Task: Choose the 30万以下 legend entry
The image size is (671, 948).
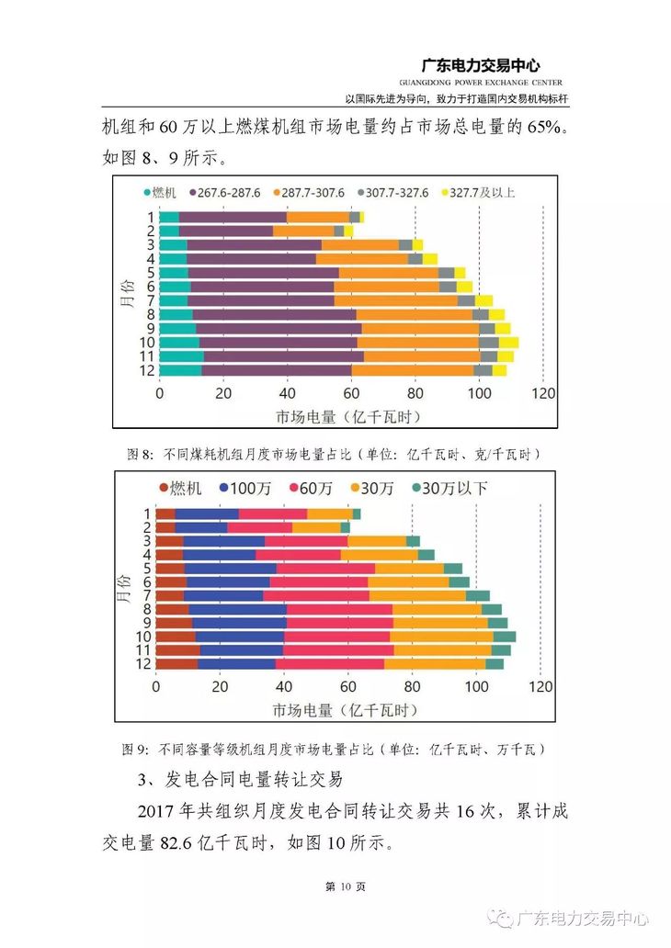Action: point(449,488)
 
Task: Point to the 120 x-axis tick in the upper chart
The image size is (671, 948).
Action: point(543,393)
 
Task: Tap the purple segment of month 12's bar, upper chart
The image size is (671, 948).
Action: point(276,370)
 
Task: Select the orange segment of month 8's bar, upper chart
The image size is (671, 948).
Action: point(414,314)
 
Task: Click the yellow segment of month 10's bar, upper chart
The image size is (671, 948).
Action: point(508,342)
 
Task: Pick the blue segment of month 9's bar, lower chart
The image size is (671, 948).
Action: point(239,623)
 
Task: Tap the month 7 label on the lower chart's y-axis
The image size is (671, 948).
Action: point(145,595)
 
